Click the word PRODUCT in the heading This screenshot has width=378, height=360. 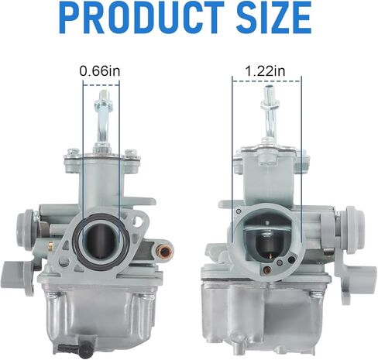(x=143, y=17)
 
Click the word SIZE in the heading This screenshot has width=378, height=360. (x=273, y=17)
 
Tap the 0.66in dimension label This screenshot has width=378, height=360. (x=100, y=71)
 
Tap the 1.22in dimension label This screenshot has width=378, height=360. (x=265, y=71)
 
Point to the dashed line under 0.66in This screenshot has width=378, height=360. (x=101, y=84)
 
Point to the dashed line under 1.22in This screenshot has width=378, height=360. (x=266, y=81)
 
